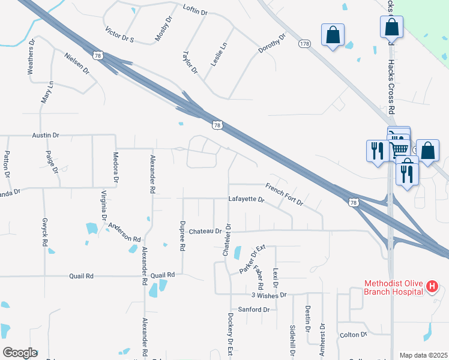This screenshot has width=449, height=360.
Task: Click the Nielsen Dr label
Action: click(76, 63)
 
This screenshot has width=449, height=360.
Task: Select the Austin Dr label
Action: click(45, 136)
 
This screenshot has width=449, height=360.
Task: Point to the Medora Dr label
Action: click(115, 167)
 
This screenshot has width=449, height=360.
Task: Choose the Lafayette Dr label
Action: click(246, 199)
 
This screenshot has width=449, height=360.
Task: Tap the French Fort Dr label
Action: click(285, 195)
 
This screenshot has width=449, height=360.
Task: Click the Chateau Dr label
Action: click(205, 231)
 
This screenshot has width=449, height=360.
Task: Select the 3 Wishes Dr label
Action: click(270, 295)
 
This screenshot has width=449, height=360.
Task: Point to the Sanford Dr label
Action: click(254, 310)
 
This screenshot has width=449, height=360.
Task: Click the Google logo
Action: click(20, 352)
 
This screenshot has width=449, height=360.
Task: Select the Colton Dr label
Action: click(353, 334)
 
